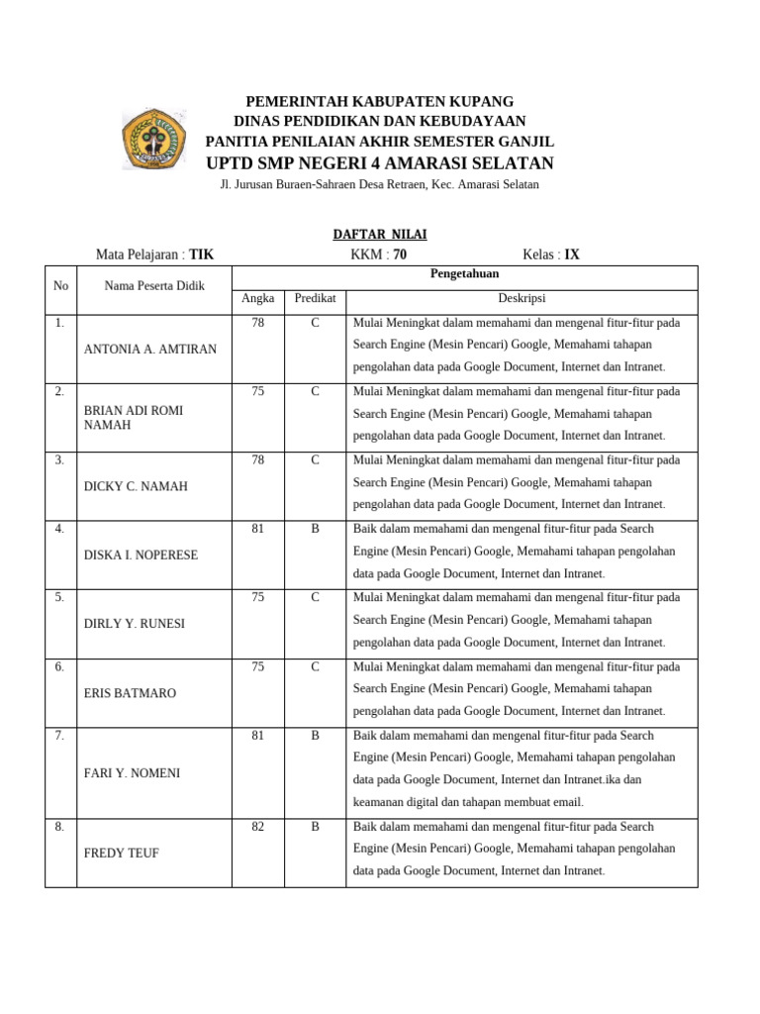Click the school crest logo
click(x=153, y=139)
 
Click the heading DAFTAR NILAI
click(x=379, y=235)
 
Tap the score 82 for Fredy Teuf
click(x=258, y=826)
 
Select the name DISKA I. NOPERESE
click(x=141, y=556)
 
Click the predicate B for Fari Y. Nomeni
click(x=315, y=735)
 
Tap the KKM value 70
click(x=400, y=254)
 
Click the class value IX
click(x=572, y=254)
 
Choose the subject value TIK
click(x=202, y=254)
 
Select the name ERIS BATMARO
click(x=130, y=693)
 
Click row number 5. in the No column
click(x=60, y=598)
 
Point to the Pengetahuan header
click(x=464, y=274)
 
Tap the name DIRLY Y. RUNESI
click(x=136, y=624)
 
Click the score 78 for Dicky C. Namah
click(x=258, y=460)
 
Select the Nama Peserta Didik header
click(x=154, y=286)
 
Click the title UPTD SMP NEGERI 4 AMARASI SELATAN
click(x=379, y=163)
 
